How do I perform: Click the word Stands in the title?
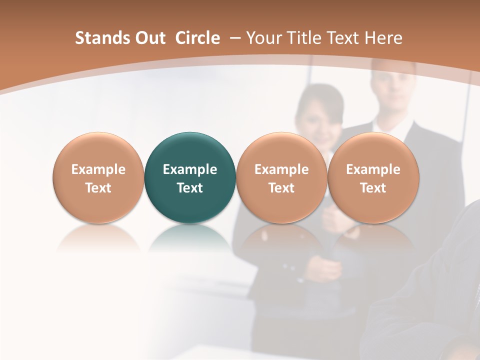tap(102, 38)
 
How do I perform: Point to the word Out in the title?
tap(150, 38)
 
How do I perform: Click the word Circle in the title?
tap(197, 38)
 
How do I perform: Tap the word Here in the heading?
tap(383, 38)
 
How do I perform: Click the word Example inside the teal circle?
tap(190, 169)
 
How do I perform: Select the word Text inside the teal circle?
tap(190, 188)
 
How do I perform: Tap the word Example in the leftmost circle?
tap(98, 169)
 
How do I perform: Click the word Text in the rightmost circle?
tap(373, 188)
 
